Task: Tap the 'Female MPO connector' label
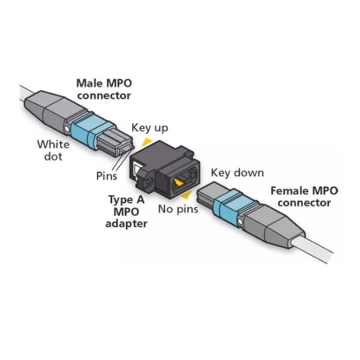pos(304,197)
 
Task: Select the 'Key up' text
pos(150,128)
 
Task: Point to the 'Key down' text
pos(237,173)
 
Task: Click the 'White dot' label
pos(53,150)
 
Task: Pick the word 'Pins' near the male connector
pos(107,176)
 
